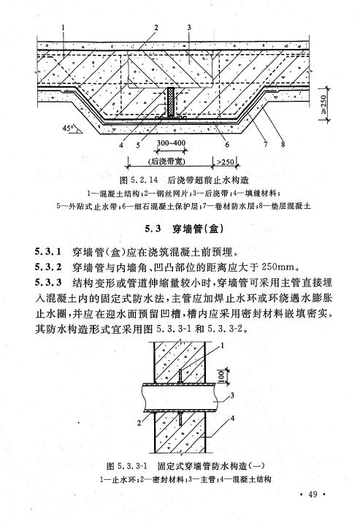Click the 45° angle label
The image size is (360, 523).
click(68, 128)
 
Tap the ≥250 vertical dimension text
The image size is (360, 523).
click(323, 104)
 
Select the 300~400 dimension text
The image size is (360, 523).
click(171, 142)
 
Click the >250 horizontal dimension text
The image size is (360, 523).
click(226, 161)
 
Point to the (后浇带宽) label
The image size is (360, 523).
click(166, 161)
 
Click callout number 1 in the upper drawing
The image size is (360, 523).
click(62, 27)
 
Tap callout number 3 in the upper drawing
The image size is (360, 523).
click(189, 27)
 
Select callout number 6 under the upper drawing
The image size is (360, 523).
click(227, 144)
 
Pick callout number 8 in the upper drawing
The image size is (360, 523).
click(283, 144)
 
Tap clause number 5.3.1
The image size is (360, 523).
click(48, 252)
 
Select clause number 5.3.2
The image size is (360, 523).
click(48, 267)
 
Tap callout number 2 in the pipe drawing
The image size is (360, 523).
click(139, 423)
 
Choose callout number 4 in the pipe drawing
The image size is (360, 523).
click(232, 418)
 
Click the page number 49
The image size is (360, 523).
click(313, 495)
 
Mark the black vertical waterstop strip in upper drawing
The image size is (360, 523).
click(171, 102)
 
